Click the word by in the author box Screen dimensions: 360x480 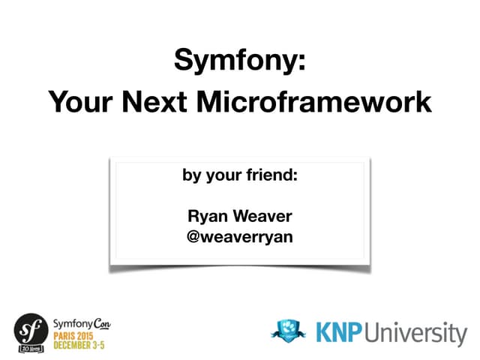click(x=191, y=177)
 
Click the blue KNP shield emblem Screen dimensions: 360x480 click(x=289, y=331)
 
